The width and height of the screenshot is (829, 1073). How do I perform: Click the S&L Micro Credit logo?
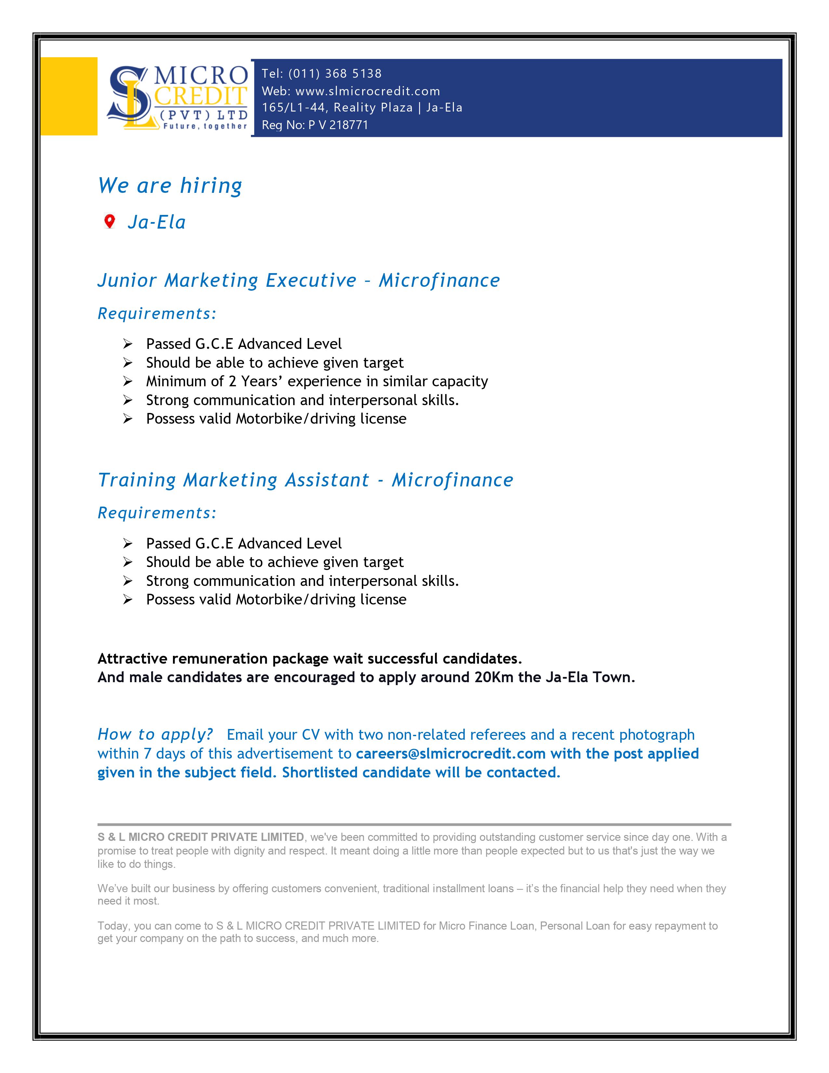177,97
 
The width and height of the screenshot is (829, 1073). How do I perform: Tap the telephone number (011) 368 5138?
335,74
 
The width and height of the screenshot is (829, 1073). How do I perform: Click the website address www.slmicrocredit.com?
367,91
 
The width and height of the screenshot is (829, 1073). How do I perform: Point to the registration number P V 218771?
338,125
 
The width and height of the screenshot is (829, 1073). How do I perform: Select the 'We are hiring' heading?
170,186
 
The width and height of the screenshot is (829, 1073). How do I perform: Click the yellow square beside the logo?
69,96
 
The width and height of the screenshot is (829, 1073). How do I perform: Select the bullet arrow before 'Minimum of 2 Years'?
128,381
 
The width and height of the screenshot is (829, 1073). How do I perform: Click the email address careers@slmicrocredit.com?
450,754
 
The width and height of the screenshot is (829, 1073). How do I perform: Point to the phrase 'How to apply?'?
155,735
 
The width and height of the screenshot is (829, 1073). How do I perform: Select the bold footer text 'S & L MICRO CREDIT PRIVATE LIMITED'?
200,837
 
